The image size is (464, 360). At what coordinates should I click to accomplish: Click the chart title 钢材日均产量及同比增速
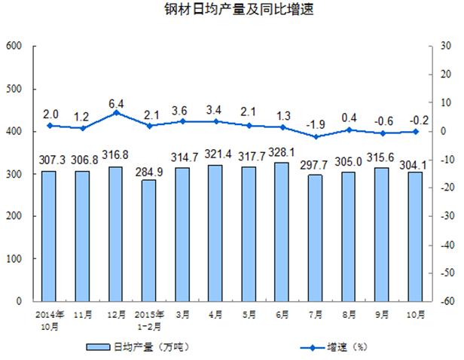tap(232, 11)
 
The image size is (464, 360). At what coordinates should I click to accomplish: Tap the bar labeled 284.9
tap(149, 240)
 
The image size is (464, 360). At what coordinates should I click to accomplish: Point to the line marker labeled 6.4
tap(116, 113)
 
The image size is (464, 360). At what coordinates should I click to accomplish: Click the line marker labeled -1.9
tap(315, 136)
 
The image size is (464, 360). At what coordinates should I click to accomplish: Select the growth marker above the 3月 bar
tap(182, 121)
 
